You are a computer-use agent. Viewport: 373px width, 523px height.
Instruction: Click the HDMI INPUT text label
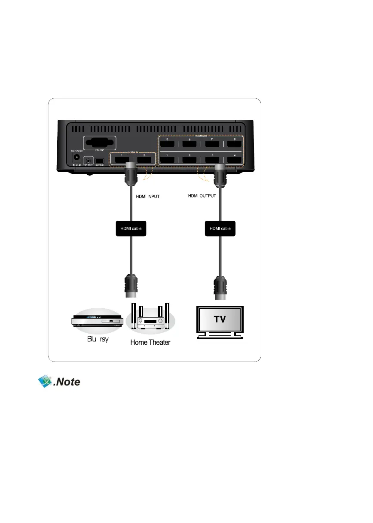(x=147, y=198)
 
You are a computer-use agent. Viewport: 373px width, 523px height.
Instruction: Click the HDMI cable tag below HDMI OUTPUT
(x=220, y=228)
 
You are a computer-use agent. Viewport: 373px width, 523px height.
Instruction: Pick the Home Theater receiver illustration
(x=150, y=320)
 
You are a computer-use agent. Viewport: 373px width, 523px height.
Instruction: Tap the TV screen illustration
(x=220, y=320)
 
